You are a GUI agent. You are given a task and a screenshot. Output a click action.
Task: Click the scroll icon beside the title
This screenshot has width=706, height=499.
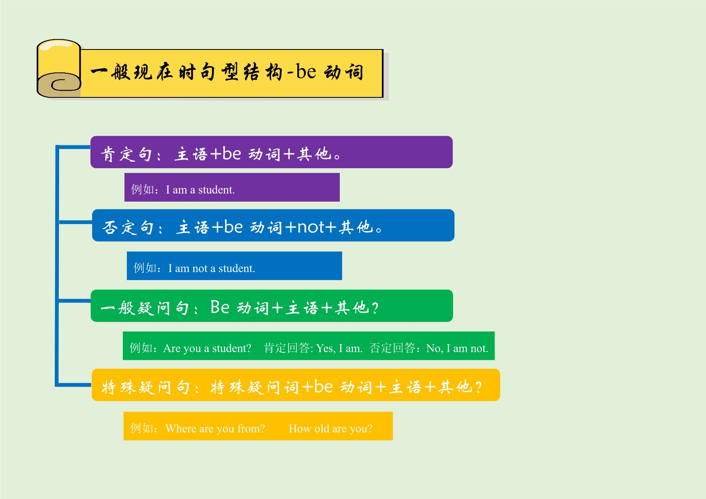59,68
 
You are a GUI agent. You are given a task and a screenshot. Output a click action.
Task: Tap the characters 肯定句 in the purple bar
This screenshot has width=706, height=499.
126,154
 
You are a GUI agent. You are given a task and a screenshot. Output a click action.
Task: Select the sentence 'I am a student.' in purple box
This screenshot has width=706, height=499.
200,190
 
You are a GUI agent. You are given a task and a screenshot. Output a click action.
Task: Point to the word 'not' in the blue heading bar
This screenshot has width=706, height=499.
311,227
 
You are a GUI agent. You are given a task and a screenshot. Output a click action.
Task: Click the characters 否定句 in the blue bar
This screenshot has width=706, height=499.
128,227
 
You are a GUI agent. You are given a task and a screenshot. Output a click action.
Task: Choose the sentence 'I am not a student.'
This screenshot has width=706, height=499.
211,268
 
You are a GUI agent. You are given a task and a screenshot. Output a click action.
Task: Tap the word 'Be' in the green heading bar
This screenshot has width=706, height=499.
220,307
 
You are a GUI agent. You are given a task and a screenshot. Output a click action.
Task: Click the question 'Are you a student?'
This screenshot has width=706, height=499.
207,348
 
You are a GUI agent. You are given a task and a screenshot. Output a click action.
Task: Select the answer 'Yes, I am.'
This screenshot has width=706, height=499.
339,348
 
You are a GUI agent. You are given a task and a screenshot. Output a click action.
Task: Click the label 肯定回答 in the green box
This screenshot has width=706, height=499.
286,348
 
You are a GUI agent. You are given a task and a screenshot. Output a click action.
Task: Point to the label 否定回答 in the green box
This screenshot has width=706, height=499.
392,348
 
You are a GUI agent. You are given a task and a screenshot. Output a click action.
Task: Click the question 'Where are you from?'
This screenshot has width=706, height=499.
215,428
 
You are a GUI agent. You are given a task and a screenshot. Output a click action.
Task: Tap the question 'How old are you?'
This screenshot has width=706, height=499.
330,428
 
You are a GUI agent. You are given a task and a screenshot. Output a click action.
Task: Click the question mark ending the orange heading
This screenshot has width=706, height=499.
478,387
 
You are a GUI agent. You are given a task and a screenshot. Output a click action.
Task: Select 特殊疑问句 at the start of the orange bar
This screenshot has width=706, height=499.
145,387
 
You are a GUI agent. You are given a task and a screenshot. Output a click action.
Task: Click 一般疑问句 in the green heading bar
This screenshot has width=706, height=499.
145,308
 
